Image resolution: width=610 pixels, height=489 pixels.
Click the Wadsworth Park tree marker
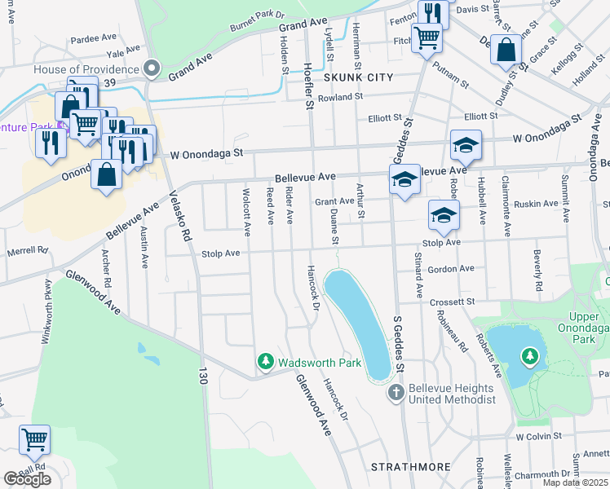click(x=265, y=361)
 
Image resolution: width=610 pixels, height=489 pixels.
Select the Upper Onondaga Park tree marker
click(x=530, y=356)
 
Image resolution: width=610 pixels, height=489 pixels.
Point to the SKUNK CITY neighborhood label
click(x=358, y=77)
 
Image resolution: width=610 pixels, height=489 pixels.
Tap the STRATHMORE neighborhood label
click(x=411, y=467)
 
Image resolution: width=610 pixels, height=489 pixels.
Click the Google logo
click(x=27, y=479)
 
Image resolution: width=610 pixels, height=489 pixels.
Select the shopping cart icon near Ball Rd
click(x=35, y=439)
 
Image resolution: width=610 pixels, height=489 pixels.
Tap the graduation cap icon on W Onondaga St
click(x=466, y=145)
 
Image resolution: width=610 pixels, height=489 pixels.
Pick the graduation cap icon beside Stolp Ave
click(x=444, y=215)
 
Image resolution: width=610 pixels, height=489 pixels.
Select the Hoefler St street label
click(x=309, y=86)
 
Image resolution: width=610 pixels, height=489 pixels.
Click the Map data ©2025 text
click(x=575, y=482)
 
